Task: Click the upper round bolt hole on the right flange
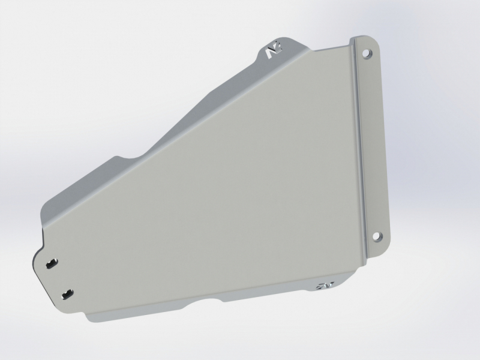365,53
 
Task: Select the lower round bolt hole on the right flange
377,236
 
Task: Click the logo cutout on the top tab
271,53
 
